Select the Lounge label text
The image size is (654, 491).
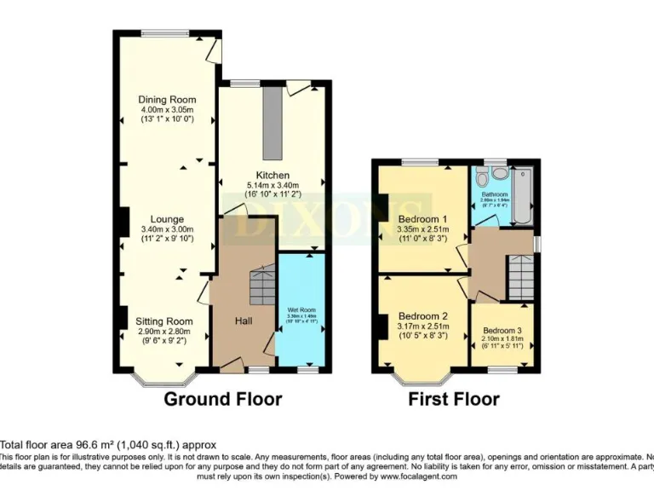167,219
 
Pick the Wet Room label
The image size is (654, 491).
301,310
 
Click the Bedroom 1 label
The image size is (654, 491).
422,217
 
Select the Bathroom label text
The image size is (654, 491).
495,194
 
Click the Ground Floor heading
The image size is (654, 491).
222,399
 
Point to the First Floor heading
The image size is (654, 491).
454,399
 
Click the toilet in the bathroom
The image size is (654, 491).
482,177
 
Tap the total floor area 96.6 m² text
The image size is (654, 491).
108,444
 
